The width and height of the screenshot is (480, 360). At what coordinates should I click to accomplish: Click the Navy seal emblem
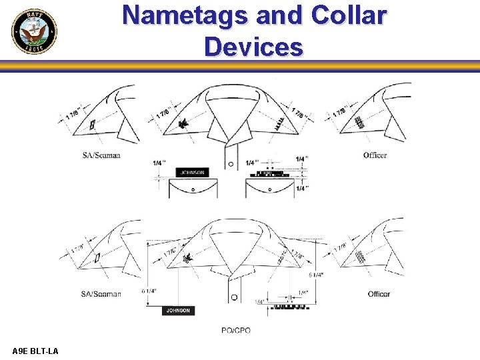tap(34, 32)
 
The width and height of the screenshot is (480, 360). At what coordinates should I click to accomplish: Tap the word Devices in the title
tap(253, 47)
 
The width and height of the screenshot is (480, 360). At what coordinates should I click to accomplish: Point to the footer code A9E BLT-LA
tap(35, 351)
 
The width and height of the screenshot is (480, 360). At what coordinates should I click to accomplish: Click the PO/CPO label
tap(237, 331)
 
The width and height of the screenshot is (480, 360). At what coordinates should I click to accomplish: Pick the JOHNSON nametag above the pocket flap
tap(192, 173)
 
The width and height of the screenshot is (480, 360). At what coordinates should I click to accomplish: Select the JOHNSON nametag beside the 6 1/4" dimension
tap(178, 311)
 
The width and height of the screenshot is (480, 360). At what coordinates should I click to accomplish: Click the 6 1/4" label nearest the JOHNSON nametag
tap(151, 291)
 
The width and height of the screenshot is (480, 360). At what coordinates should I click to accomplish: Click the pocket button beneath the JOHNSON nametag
tap(193, 189)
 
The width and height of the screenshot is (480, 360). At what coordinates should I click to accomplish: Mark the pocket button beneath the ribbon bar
tap(269, 189)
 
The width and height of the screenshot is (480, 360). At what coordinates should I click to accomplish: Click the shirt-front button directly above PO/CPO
tap(234, 297)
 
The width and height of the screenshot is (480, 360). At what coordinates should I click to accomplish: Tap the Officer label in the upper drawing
tap(375, 155)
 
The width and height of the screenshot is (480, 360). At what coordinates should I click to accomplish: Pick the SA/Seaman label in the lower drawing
tap(101, 294)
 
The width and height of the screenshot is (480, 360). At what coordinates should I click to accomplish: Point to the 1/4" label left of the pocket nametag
tap(159, 163)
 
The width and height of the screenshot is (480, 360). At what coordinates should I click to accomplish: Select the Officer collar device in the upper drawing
tap(361, 123)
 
